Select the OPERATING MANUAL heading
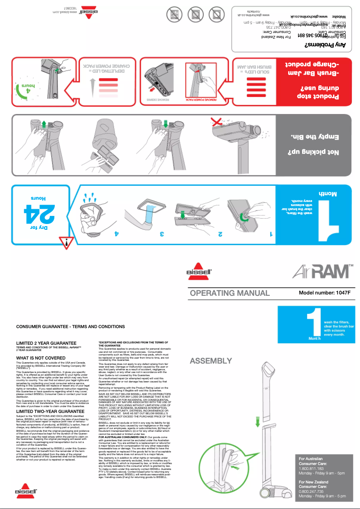pos(229,293)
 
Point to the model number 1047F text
pos(324,293)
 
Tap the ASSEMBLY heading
pos(211,361)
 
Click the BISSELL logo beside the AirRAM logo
pos(198,272)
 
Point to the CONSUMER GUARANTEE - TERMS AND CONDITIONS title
pos(70,326)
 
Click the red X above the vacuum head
pos(218,121)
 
